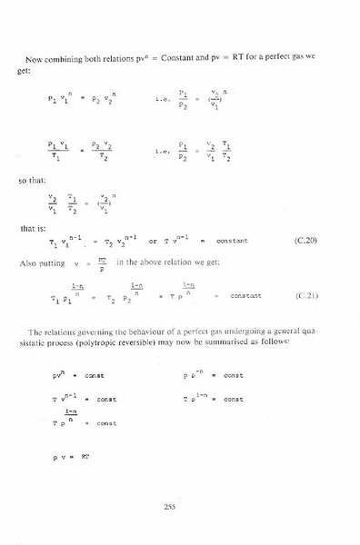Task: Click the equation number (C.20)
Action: (x=306, y=241)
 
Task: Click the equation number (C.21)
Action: (x=306, y=295)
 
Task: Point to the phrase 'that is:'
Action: (x=30, y=228)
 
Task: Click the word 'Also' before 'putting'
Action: (x=28, y=263)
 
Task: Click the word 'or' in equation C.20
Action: (x=152, y=241)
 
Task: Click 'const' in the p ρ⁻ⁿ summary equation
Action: (x=233, y=375)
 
